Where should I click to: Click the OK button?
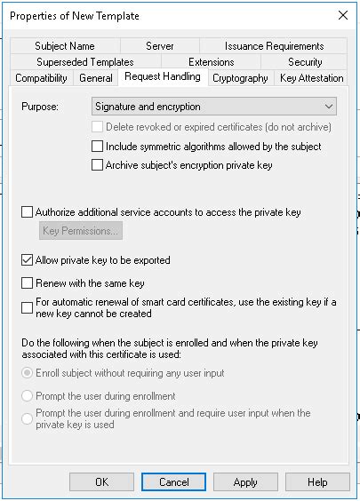pyautogui.click(x=101, y=481)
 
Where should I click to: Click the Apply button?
pyautogui.click(x=245, y=481)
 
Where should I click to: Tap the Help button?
pyautogui.click(x=317, y=481)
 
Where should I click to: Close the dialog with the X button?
pyautogui.click(x=342, y=15)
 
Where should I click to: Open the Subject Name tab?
pyautogui.click(x=65, y=46)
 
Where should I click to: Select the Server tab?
pyautogui.click(x=159, y=46)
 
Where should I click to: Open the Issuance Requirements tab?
pyautogui.click(x=274, y=46)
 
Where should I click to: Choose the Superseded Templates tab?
pyautogui.click(x=85, y=62)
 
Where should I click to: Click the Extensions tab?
pyautogui.click(x=210, y=62)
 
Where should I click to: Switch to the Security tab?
pyautogui.click(x=305, y=62)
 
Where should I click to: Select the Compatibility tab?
pyautogui.click(x=42, y=78)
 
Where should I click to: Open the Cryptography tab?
pyautogui.click(x=240, y=78)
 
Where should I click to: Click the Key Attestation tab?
pyautogui.click(x=311, y=78)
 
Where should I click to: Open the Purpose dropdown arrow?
pyautogui.click(x=329, y=107)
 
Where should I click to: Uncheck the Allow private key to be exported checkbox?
pyautogui.click(x=27, y=261)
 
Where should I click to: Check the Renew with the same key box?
pyautogui.click(x=27, y=283)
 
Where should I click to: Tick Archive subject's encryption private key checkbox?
pyautogui.click(x=98, y=165)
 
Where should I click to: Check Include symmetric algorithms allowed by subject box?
pyautogui.click(x=98, y=147)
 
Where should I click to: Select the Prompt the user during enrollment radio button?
pyautogui.click(x=27, y=396)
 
